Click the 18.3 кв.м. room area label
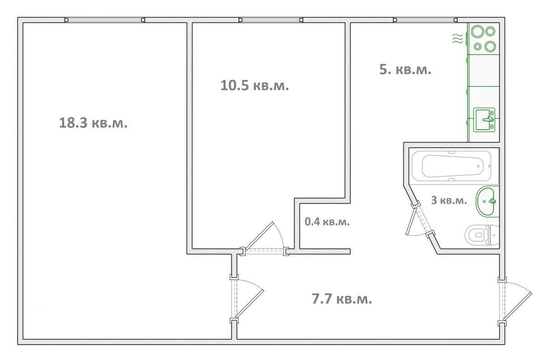(93, 123)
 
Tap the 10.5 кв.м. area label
(255, 85)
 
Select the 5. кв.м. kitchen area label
(405, 70)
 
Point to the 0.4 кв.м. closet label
(327, 222)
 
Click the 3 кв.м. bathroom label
(449, 200)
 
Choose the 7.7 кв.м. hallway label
(341, 299)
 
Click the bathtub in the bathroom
(452, 166)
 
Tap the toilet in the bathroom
(482, 235)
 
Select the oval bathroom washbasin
(487, 201)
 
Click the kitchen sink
(484, 120)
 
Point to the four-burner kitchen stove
(484, 39)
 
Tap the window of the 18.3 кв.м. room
(105, 20)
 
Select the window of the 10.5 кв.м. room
(271, 20)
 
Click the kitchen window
(425, 20)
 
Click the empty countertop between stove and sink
(484, 70)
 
